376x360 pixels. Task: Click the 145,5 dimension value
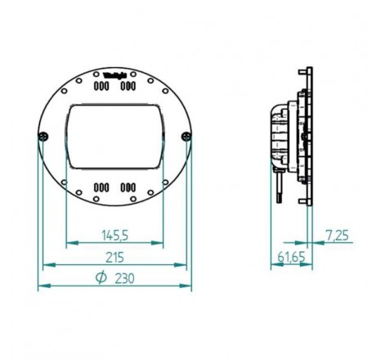114,236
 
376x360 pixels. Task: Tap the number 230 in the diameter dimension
125,278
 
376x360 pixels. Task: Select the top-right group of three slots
128,86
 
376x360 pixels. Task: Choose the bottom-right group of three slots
128,187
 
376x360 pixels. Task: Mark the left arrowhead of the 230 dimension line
41,286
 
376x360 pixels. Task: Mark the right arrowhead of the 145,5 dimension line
160,243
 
